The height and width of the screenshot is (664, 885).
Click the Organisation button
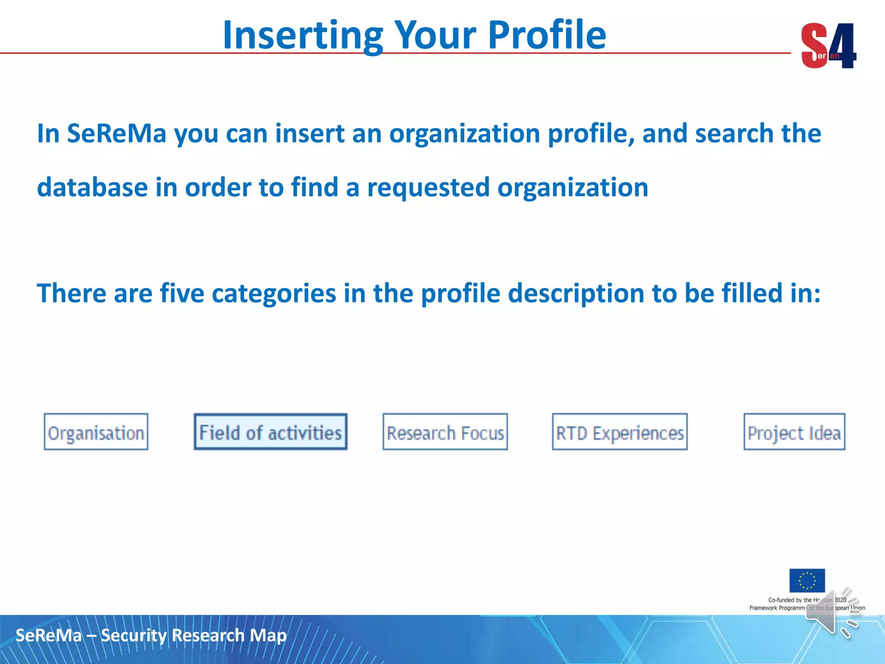96,432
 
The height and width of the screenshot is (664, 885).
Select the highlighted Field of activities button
271,432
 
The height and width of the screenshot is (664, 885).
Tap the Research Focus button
445,432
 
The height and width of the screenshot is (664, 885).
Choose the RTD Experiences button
620,432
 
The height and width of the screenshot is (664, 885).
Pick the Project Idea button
794,432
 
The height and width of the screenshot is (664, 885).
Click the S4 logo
828,46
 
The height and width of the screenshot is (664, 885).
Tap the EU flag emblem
807,581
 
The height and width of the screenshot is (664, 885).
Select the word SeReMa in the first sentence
116,133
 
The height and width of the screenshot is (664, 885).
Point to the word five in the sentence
181,293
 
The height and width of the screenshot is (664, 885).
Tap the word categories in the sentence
274,293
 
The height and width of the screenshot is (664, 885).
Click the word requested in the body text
428,187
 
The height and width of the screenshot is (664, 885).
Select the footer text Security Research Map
194,635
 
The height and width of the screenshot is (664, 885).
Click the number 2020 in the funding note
840,600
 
